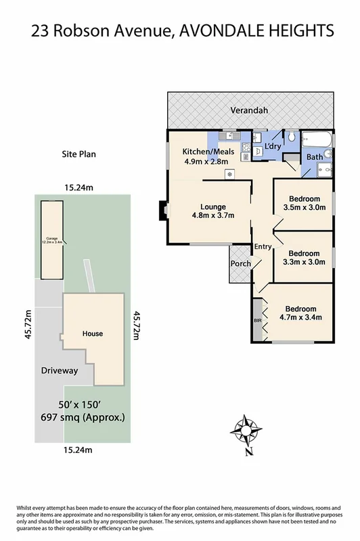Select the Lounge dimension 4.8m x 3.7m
pos(212,216)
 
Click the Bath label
pos(315,157)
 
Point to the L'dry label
pos(272,146)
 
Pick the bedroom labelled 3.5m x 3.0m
pos(302,202)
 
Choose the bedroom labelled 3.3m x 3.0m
pos(301,258)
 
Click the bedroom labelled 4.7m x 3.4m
pos(300,313)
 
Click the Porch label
pos(241,263)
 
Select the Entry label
pos(263,247)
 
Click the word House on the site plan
pos(92,334)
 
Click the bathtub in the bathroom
pos(317,141)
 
